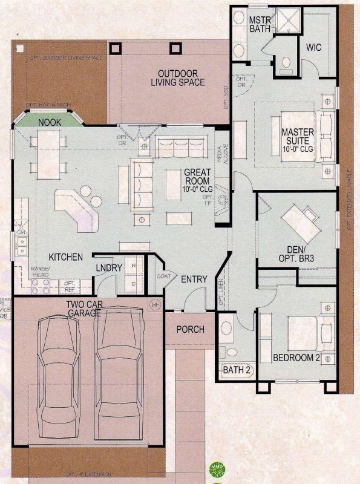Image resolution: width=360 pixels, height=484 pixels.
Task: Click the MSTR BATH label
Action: (x=259, y=25)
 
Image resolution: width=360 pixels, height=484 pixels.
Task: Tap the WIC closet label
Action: (x=313, y=47)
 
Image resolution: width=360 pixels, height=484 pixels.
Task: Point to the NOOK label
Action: (x=50, y=122)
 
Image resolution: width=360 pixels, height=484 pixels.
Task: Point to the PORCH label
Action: (x=190, y=330)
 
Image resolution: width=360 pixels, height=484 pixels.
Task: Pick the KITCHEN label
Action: (x=66, y=257)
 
